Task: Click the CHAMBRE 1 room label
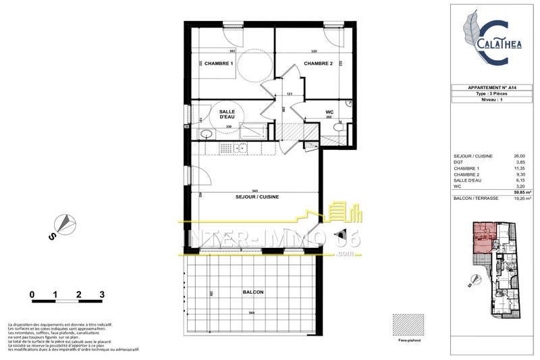[218, 63]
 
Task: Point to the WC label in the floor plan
[329, 113]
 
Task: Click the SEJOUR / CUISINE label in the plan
[257, 197]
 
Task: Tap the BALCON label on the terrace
[252, 292]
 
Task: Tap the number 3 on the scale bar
[102, 294]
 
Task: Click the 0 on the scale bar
[32, 294]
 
